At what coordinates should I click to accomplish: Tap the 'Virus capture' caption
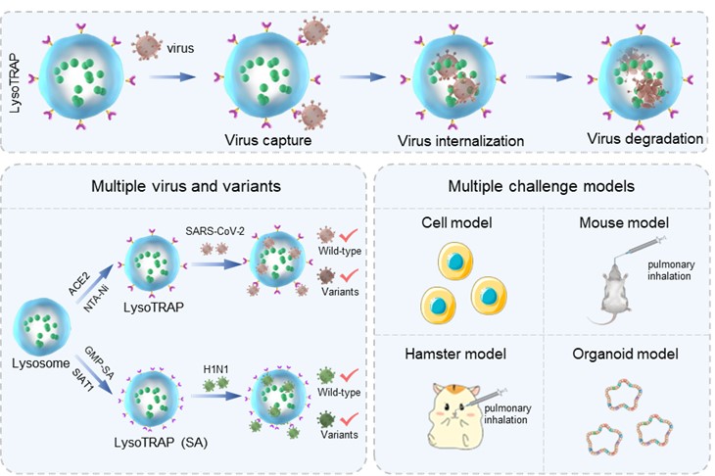pos(268,140)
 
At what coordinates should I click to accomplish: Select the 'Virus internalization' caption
pos(460,141)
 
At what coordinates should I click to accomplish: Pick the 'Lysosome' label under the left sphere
pos(39,362)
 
